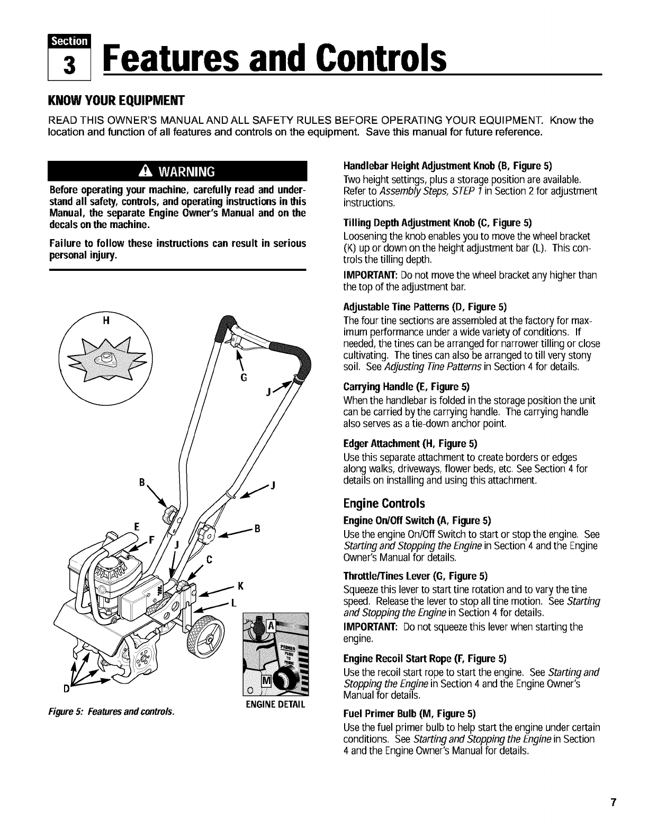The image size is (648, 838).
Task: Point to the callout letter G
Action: (244, 378)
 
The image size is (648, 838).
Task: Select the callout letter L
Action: (233, 605)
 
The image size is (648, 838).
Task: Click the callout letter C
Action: (210, 559)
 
